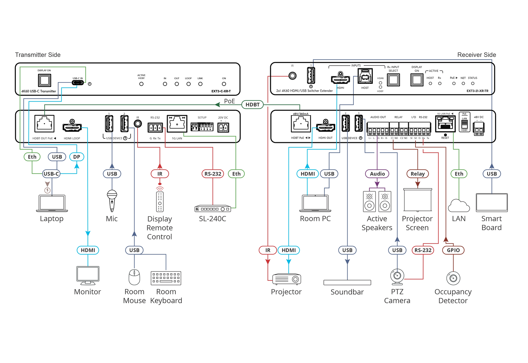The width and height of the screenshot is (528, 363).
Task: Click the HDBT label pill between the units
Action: [x=252, y=105]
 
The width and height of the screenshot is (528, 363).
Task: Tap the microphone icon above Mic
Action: [x=112, y=200]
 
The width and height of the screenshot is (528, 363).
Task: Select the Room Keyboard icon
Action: [x=166, y=278]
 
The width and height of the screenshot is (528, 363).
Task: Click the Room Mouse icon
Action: [x=134, y=277]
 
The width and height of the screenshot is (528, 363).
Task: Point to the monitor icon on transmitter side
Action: [x=88, y=275]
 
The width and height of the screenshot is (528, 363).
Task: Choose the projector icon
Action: [x=286, y=279]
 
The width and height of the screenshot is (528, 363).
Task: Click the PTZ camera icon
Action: [x=397, y=277]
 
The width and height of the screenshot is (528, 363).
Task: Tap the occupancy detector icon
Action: [x=453, y=278]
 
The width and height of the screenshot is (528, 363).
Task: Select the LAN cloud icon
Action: [x=459, y=206]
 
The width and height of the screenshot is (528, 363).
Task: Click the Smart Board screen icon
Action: [x=492, y=202]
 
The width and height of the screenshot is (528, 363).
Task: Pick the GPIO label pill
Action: [x=453, y=250]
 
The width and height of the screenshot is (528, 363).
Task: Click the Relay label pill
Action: [x=417, y=174]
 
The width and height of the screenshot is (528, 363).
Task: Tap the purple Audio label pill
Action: [x=377, y=174]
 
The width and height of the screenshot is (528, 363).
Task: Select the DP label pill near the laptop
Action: [x=77, y=157]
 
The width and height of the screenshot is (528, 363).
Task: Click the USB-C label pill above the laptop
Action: [x=51, y=174]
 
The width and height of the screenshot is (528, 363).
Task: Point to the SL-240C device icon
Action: [x=213, y=209]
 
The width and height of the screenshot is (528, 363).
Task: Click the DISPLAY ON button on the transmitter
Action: [x=44, y=80]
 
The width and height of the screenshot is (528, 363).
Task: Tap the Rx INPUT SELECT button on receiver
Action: [x=393, y=80]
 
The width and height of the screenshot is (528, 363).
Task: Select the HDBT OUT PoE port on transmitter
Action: [x=44, y=124]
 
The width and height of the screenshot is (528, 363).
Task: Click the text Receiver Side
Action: [x=477, y=55]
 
